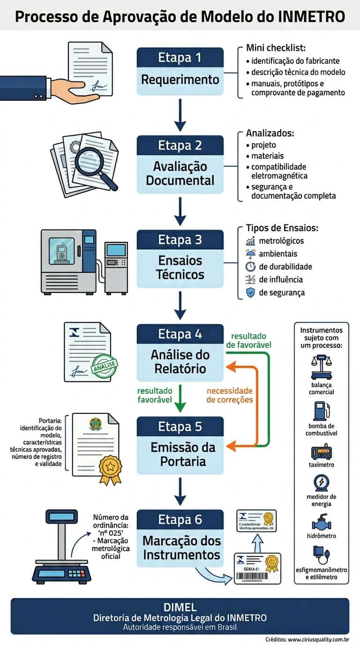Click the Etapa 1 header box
tap(180, 58)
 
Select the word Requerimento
tap(180, 80)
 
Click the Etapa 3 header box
tap(180, 240)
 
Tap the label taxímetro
tap(321, 465)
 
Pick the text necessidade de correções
tap(230, 395)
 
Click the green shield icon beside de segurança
tap(250, 292)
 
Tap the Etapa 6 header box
tap(180, 519)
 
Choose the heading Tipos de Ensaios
tap(282, 228)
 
